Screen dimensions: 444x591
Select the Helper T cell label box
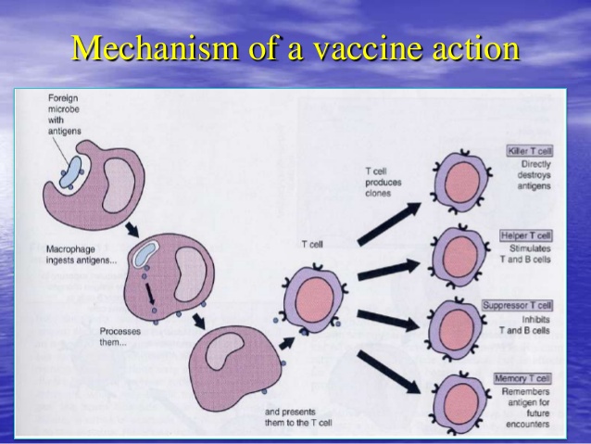tap(525, 235)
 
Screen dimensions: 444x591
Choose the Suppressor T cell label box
tap(517, 305)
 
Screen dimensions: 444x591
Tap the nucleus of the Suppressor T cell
tap(455, 324)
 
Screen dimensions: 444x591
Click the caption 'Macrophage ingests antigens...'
tap(82, 255)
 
